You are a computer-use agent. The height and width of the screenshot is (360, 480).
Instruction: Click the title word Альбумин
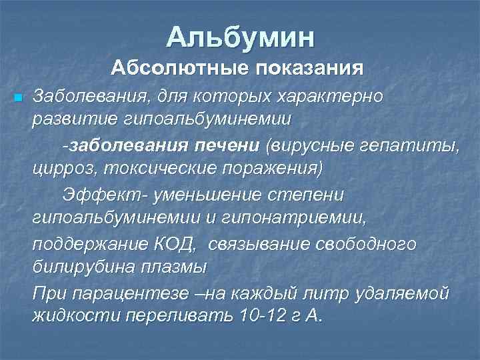point(240,37)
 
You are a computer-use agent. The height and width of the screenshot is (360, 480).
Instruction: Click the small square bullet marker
point(17,98)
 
